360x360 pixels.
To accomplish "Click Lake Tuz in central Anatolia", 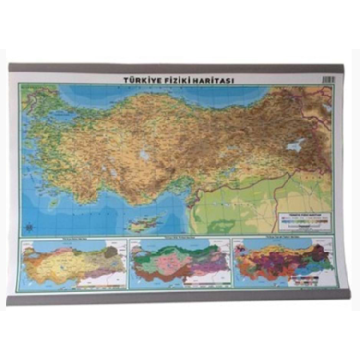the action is coord(144,155).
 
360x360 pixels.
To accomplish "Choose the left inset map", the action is coord(73,264).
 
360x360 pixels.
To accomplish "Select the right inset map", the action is coord(282,264).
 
